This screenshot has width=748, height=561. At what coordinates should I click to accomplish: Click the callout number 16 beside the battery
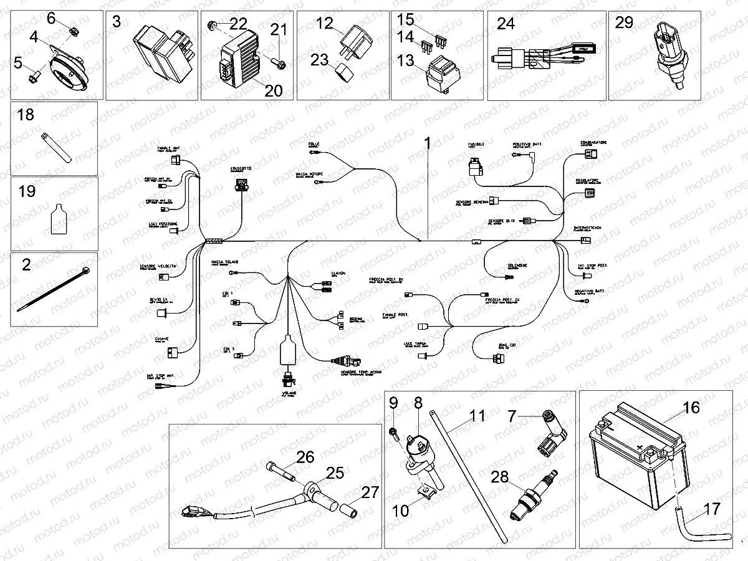click(x=691, y=409)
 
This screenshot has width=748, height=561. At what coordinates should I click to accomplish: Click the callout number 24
click(x=506, y=25)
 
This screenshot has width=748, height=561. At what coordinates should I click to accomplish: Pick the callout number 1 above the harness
click(x=428, y=143)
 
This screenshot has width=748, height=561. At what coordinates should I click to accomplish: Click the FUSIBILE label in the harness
click(x=476, y=145)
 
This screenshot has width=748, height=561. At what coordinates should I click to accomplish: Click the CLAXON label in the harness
click(x=338, y=274)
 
